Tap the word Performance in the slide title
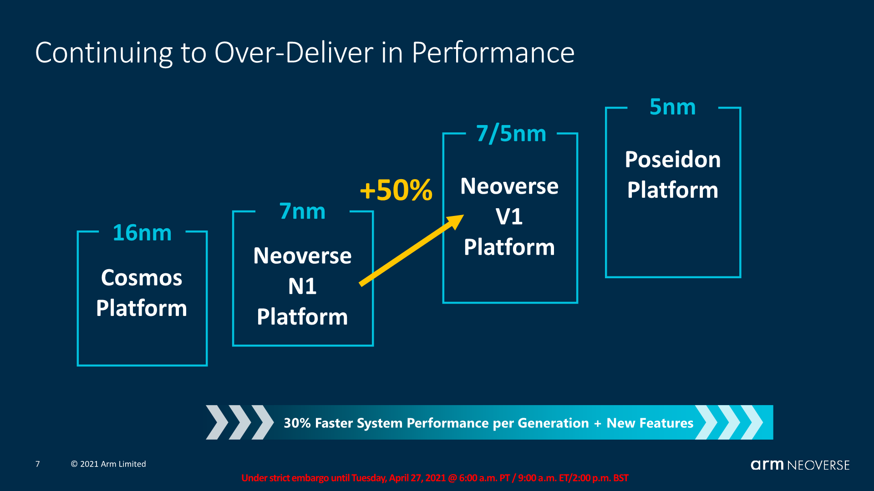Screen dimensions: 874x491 point(493,52)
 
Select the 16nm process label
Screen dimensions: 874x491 point(142,233)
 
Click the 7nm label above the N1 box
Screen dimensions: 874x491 point(302,211)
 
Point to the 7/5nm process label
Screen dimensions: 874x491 point(511,134)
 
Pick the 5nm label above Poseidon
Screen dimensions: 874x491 point(672,107)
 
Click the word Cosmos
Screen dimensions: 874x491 point(142,278)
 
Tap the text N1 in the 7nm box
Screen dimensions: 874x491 point(302,286)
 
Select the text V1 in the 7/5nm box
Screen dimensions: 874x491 point(509,216)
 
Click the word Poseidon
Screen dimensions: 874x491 point(673,160)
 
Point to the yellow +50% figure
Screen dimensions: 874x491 point(396,190)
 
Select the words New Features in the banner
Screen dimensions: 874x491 point(650,423)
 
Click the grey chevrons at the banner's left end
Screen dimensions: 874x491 point(240,422)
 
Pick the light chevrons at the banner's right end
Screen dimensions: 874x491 point(729,422)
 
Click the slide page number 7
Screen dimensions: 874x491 point(38,464)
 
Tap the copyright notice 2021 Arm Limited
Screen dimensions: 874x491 point(108,464)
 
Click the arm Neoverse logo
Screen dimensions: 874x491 point(800,465)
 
